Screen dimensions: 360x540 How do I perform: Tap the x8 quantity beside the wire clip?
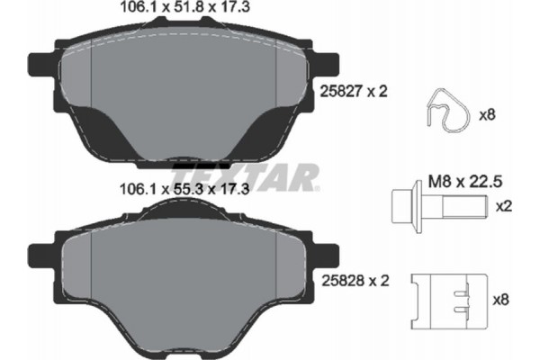[x=488, y=114]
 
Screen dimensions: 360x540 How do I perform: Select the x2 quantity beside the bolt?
[x=505, y=206]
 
